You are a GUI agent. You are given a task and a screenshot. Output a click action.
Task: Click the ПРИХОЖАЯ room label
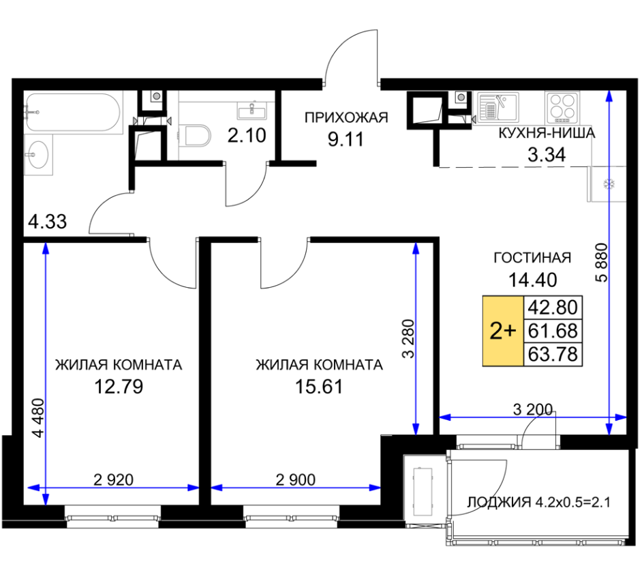(x=346, y=118)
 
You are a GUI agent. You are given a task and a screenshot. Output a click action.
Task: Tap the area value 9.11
(x=346, y=140)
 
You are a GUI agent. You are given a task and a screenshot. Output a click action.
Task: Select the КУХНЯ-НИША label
(x=547, y=133)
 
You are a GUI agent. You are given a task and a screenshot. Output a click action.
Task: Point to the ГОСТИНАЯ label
(x=532, y=258)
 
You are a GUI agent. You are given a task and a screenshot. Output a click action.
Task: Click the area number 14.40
(x=533, y=280)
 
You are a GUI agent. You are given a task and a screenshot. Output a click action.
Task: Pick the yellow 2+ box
(x=503, y=331)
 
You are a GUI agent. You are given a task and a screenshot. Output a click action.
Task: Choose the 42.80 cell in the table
(x=553, y=307)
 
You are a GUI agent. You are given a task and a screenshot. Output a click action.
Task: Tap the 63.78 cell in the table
(x=553, y=354)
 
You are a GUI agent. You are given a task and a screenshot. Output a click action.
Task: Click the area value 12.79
(x=119, y=387)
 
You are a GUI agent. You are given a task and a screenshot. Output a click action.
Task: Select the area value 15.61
(x=319, y=387)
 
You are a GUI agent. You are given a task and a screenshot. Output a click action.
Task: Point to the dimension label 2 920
(x=113, y=479)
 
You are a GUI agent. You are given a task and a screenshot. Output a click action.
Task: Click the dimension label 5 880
(x=601, y=263)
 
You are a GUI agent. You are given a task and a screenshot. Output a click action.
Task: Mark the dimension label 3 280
(x=409, y=339)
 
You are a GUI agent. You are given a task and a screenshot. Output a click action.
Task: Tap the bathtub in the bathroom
(x=74, y=113)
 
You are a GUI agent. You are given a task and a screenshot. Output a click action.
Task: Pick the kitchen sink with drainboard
(x=497, y=106)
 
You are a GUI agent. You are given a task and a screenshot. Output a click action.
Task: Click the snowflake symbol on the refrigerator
(x=608, y=183)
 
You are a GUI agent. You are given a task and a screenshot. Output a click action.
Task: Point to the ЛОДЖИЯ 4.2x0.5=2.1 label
(x=539, y=503)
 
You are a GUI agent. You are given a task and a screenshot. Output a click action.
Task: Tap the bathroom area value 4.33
(x=47, y=222)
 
